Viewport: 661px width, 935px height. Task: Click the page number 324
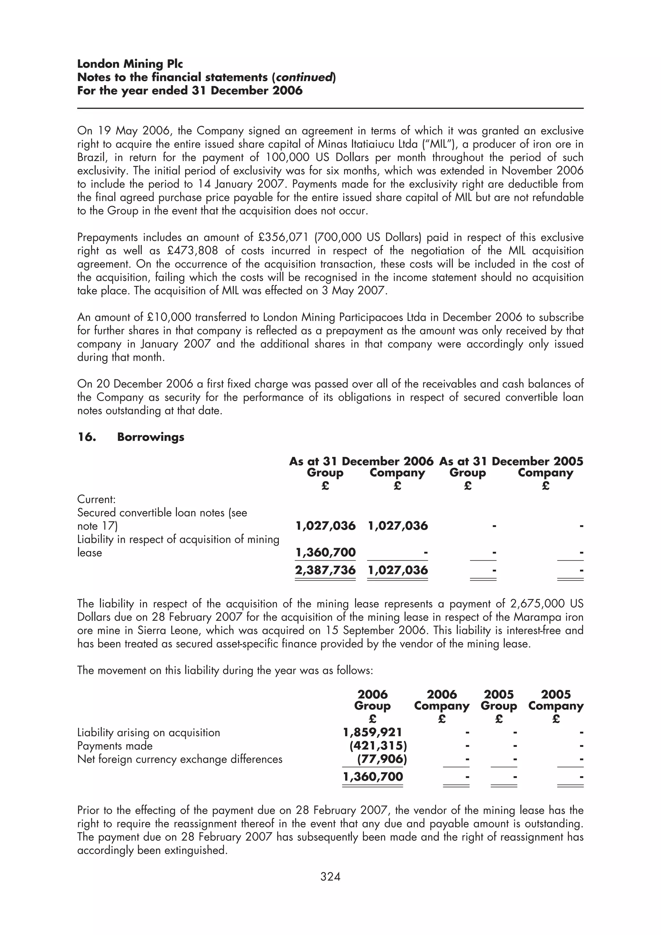point(330,876)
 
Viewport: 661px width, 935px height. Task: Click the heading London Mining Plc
point(130,64)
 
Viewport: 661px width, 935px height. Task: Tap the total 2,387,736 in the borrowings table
point(325,570)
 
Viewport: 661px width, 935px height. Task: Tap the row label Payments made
point(115,746)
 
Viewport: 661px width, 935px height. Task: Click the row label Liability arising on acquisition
point(149,733)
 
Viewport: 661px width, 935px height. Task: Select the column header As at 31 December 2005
point(511,461)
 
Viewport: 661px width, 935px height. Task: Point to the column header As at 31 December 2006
point(361,461)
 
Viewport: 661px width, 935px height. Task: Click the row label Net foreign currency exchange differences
point(179,759)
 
